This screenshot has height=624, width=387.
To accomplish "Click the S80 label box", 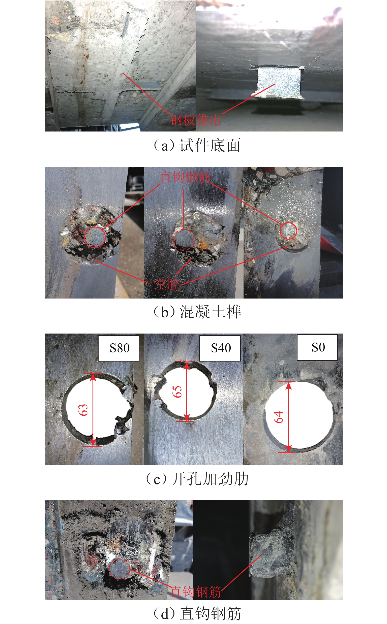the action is click(x=118, y=348).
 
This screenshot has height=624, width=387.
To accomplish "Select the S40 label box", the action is click(x=220, y=348).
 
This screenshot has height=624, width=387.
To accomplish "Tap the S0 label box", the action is click(x=317, y=347).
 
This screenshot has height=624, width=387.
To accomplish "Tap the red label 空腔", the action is click(x=167, y=284).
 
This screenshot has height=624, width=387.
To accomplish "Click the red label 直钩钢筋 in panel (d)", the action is click(x=196, y=592).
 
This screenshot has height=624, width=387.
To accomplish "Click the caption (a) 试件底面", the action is click(x=197, y=146).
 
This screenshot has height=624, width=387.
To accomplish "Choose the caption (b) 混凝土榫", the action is click(x=197, y=312).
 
